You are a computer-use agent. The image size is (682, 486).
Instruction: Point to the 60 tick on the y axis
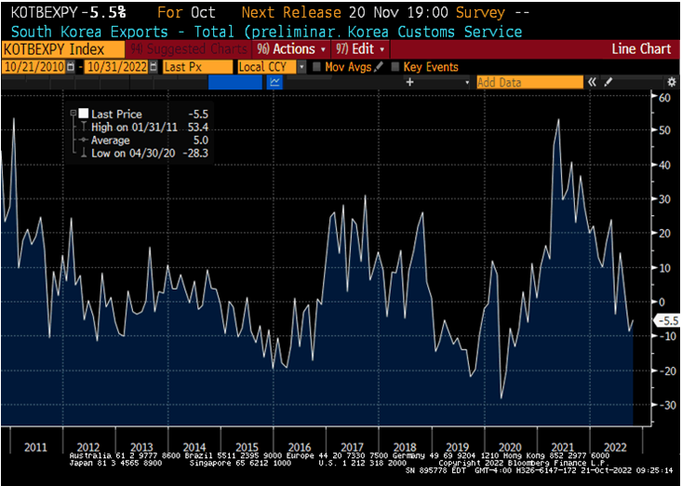[665, 97]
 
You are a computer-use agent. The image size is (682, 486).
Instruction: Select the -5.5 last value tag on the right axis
[668, 320]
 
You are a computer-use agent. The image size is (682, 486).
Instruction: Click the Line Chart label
[644, 48]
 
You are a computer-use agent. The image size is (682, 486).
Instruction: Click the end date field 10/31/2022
[120, 67]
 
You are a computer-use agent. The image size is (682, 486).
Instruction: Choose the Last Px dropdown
[196, 67]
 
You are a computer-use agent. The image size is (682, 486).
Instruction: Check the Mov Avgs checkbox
[317, 67]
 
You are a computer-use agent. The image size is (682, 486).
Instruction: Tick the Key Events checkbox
[396, 67]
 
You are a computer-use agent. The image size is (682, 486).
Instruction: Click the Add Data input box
[528, 82]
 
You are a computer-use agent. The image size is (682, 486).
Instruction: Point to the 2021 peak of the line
[558, 119]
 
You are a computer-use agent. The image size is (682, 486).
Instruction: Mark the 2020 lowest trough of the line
[501, 398]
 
